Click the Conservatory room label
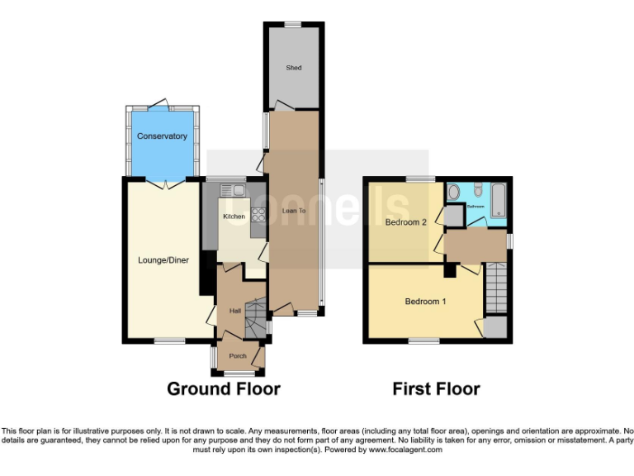pos(162,136)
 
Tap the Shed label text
pos(292,68)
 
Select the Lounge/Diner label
pos(163,260)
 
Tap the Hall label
pos(234,311)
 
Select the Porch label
pos(238,356)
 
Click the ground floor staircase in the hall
pos(257,313)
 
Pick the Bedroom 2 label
pos(406,222)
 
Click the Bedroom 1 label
pos(425,302)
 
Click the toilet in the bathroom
pos(453,192)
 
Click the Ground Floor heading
pos(224,388)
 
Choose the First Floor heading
pos(436,388)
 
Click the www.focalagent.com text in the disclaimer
pos(405,450)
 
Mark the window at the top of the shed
pos(291,24)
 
